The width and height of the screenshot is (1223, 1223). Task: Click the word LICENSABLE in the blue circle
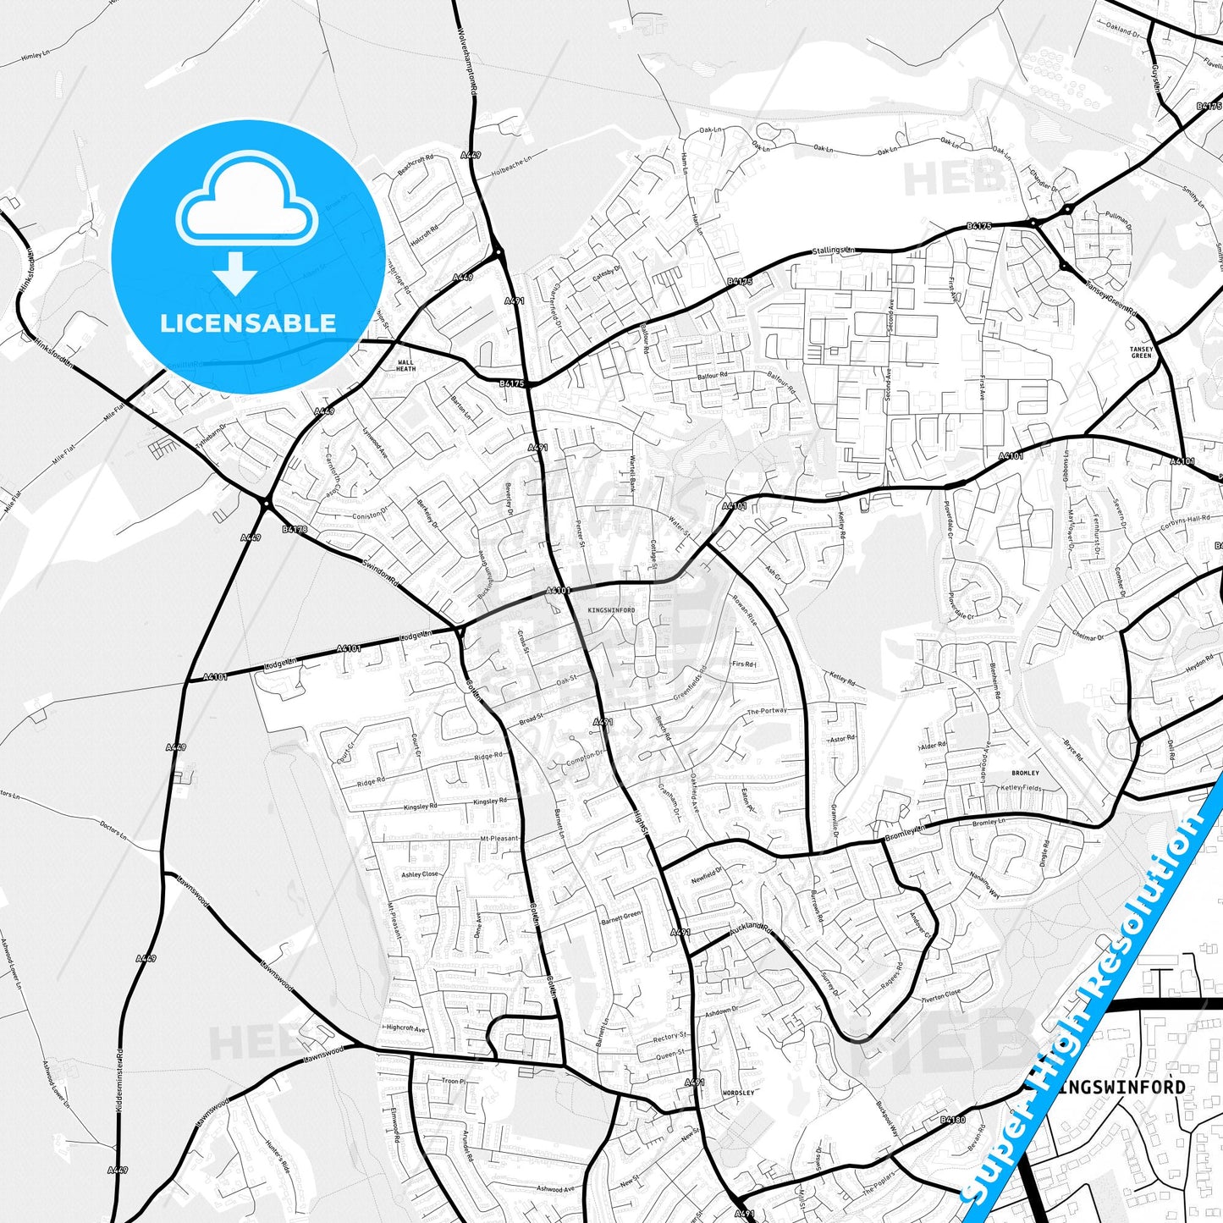tap(248, 323)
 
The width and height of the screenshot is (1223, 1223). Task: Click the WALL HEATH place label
tap(406, 365)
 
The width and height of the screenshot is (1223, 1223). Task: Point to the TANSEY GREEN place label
tap(1141, 352)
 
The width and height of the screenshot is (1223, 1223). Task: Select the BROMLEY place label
tap(1025, 773)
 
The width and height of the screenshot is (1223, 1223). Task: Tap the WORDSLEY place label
tap(738, 1094)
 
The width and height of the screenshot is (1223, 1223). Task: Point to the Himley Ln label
tap(36, 55)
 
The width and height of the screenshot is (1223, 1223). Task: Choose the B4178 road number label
tap(295, 530)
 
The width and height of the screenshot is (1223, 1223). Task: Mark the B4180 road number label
tap(952, 1121)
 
